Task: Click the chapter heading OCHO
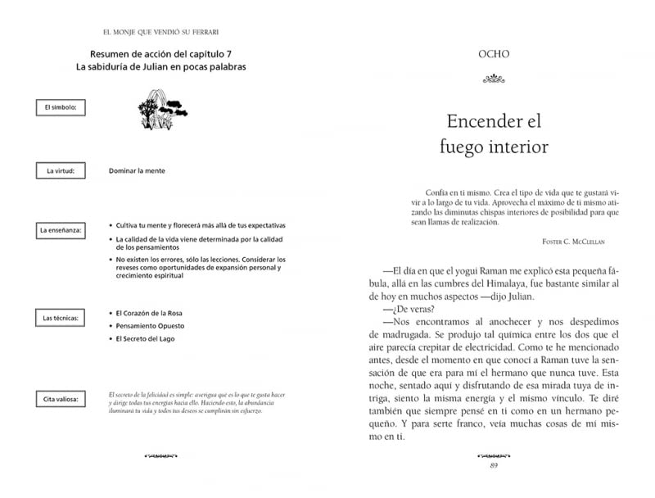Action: click(x=493, y=55)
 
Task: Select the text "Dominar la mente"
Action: click(x=137, y=171)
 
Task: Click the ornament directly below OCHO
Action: click(x=493, y=79)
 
